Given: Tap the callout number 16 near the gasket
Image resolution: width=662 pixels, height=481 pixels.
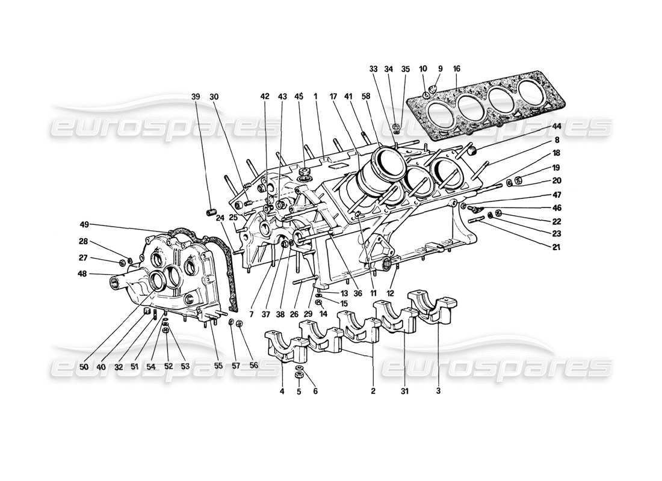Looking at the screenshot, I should (x=457, y=69).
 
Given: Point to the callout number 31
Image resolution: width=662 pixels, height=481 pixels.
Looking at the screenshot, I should (x=404, y=391).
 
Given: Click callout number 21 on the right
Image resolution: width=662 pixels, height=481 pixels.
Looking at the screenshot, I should (x=556, y=247).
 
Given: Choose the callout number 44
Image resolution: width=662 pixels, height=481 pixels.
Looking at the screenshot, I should (x=557, y=126).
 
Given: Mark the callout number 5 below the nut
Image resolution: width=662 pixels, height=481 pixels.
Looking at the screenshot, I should (x=299, y=391).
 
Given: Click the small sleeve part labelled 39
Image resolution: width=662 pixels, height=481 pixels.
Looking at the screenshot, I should (x=211, y=211).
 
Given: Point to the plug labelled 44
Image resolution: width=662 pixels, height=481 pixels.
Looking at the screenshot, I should (x=471, y=150).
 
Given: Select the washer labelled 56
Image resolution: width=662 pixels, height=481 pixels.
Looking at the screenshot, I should (x=239, y=325).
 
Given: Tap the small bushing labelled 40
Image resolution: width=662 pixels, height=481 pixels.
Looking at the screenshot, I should (x=146, y=311).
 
